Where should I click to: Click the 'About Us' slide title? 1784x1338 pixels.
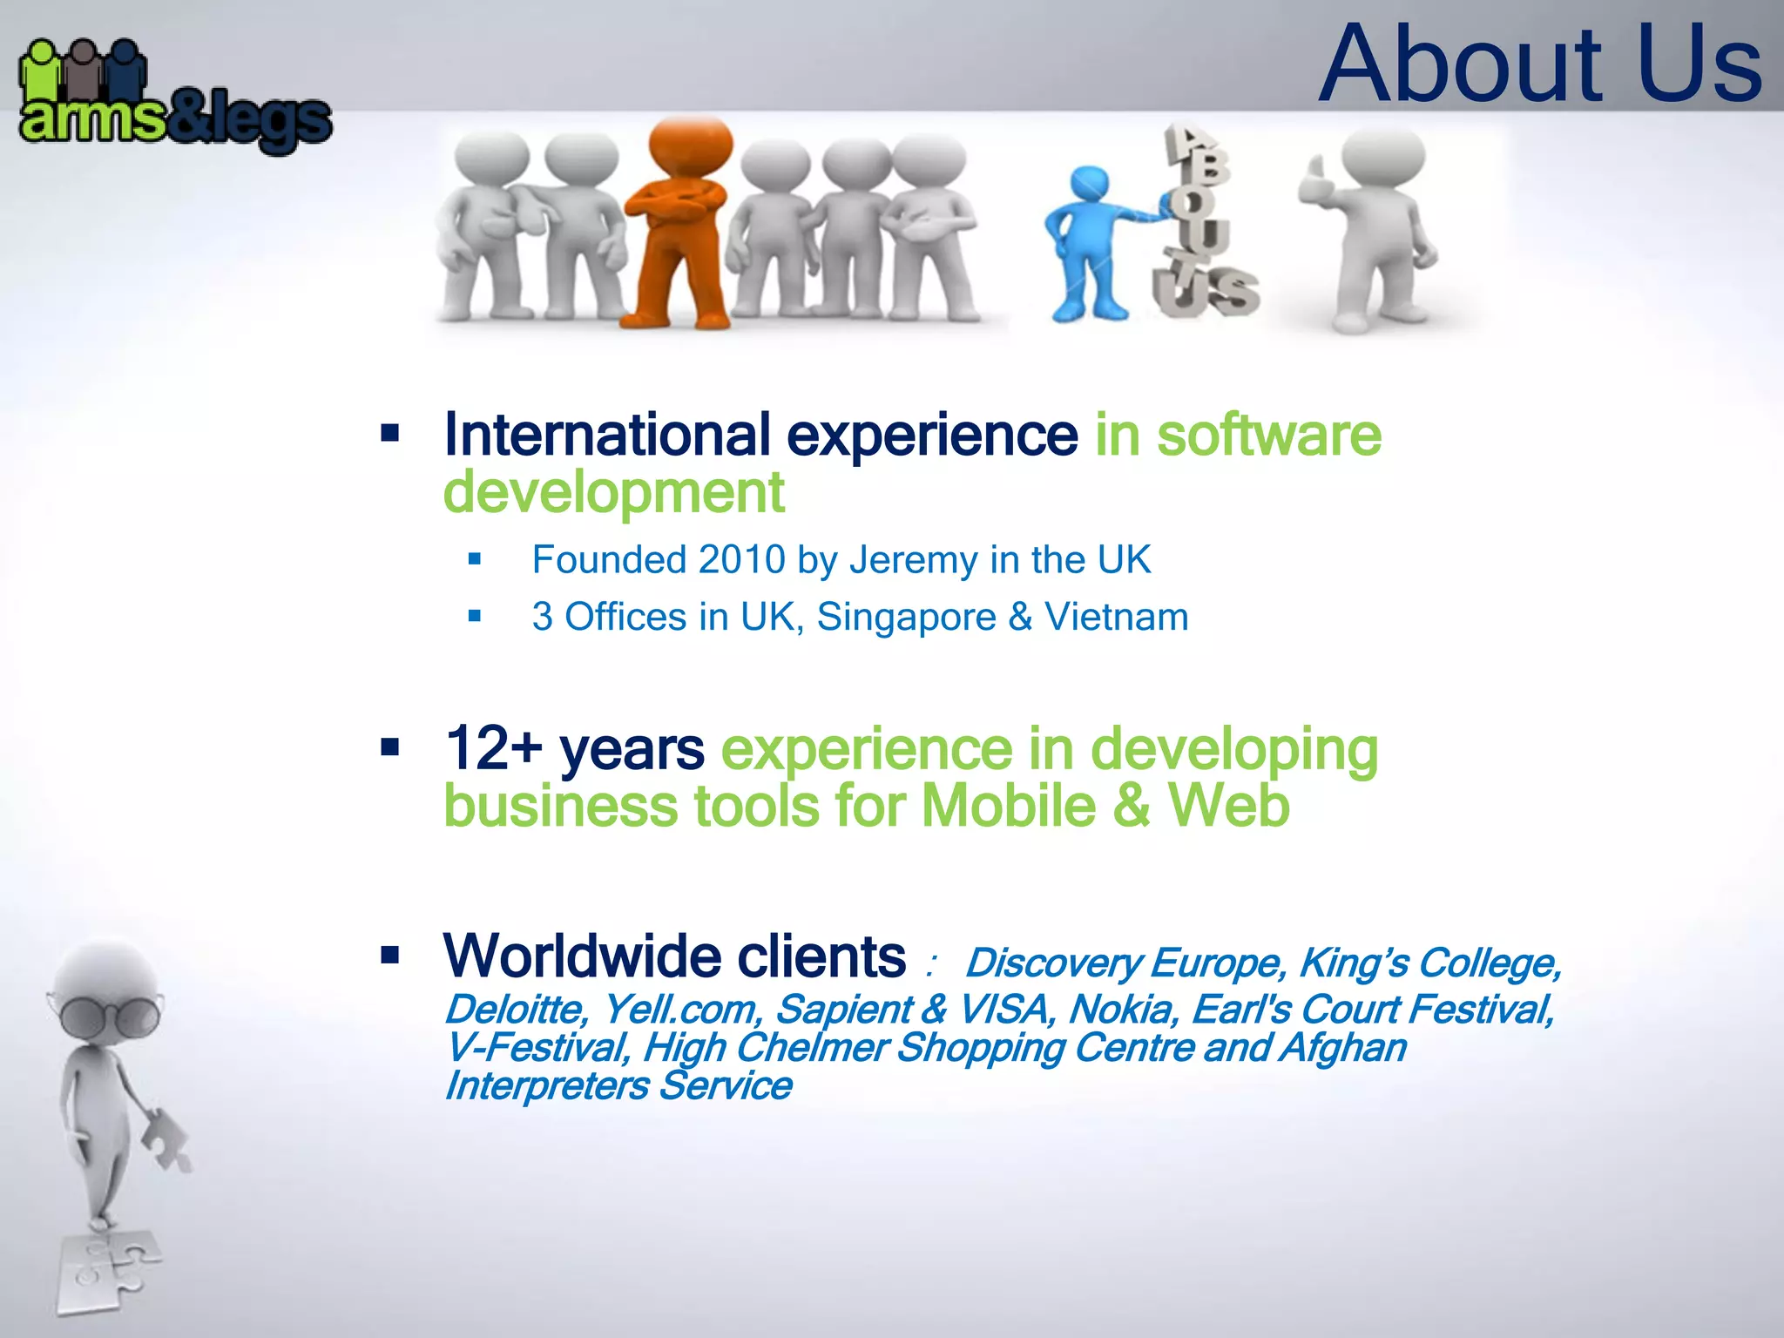pyautogui.click(x=1540, y=64)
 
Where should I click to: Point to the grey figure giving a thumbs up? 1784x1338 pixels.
pyautogui.click(x=1372, y=226)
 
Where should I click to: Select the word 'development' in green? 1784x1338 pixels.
pyautogui.click(x=613, y=493)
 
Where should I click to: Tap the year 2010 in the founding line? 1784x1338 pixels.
pyautogui.click(x=741, y=560)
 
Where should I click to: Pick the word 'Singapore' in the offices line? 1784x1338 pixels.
pyautogui.click(x=906, y=618)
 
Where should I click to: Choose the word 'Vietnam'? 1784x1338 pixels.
pyautogui.click(x=1116, y=618)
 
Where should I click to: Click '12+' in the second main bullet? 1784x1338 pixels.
pyautogui.click(x=493, y=749)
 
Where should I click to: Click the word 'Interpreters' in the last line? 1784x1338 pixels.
pyautogui.click(x=547, y=1086)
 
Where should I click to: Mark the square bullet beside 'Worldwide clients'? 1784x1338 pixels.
pyautogui.click(x=390, y=956)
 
